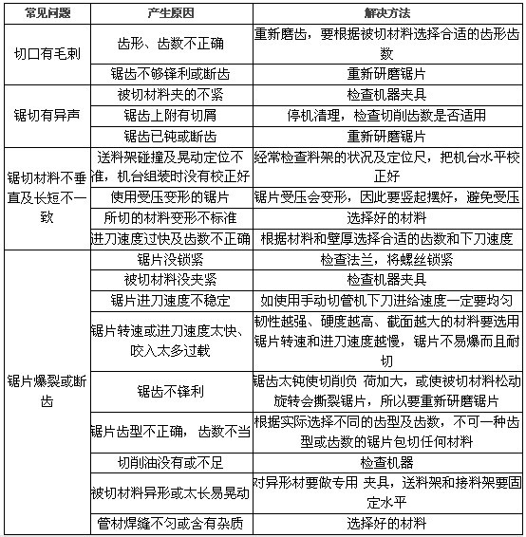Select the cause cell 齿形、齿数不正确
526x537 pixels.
click(x=170, y=44)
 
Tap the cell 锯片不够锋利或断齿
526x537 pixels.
click(x=170, y=73)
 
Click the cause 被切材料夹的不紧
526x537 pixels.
click(x=170, y=94)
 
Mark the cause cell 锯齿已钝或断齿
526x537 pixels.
click(x=170, y=136)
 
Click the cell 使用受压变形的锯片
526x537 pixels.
click(x=170, y=197)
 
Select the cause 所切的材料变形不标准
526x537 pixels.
click(x=170, y=217)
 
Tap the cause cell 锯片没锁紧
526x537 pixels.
click(x=170, y=258)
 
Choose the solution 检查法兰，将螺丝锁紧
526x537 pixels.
click(x=387, y=258)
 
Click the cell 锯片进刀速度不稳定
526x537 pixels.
click(x=170, y=300)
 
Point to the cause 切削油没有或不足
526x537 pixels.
click(x=170, y=462)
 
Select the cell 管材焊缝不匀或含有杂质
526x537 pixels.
click(x=170, y=524)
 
